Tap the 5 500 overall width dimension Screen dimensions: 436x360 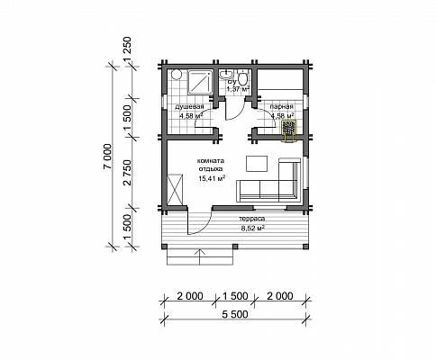coord(235,314)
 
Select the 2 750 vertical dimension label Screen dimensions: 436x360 coord(127,172)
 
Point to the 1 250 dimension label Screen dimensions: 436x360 coord(127,49)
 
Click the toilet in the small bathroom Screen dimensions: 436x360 coord(242,77)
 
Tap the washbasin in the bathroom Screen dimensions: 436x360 coord(226,75)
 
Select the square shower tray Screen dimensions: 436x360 coord(200,82)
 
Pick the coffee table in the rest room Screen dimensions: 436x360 coord(257,164)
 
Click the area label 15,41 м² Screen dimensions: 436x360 coord(212,178)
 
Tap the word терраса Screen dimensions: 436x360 coord(252,219)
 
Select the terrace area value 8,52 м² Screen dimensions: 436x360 coord(252,228)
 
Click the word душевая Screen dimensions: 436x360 coord(189,106)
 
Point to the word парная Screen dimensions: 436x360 coord(281,106)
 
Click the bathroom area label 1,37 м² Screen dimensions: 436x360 coord(238,89)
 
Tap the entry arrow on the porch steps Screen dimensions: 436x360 coord(200,256)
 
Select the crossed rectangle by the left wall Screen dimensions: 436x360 coord(175,189)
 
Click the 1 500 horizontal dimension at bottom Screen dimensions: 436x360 coord(235,296)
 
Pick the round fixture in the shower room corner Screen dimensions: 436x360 coord(177,75)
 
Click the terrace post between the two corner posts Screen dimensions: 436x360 coord(235,247)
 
